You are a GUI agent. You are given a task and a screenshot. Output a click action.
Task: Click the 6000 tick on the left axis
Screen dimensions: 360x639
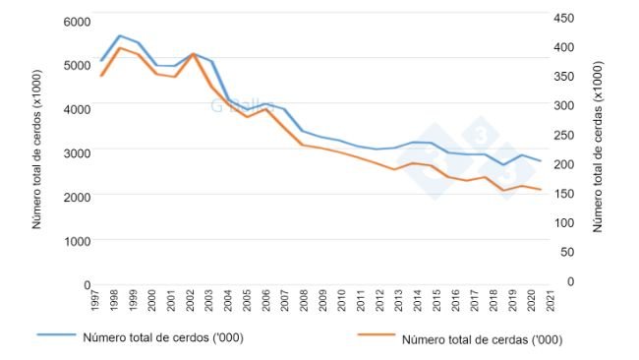click(x=77, y=21)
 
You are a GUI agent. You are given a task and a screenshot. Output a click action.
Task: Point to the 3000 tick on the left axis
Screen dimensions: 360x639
click(x=77, y=152)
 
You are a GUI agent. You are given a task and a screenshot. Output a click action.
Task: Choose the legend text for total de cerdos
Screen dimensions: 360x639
click(x=163, y=337)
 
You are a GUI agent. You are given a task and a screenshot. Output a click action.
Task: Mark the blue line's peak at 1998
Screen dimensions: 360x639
click(x=119, y=35)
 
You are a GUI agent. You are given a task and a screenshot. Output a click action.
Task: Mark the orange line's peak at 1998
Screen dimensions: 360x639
click(x=119, y=47)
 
